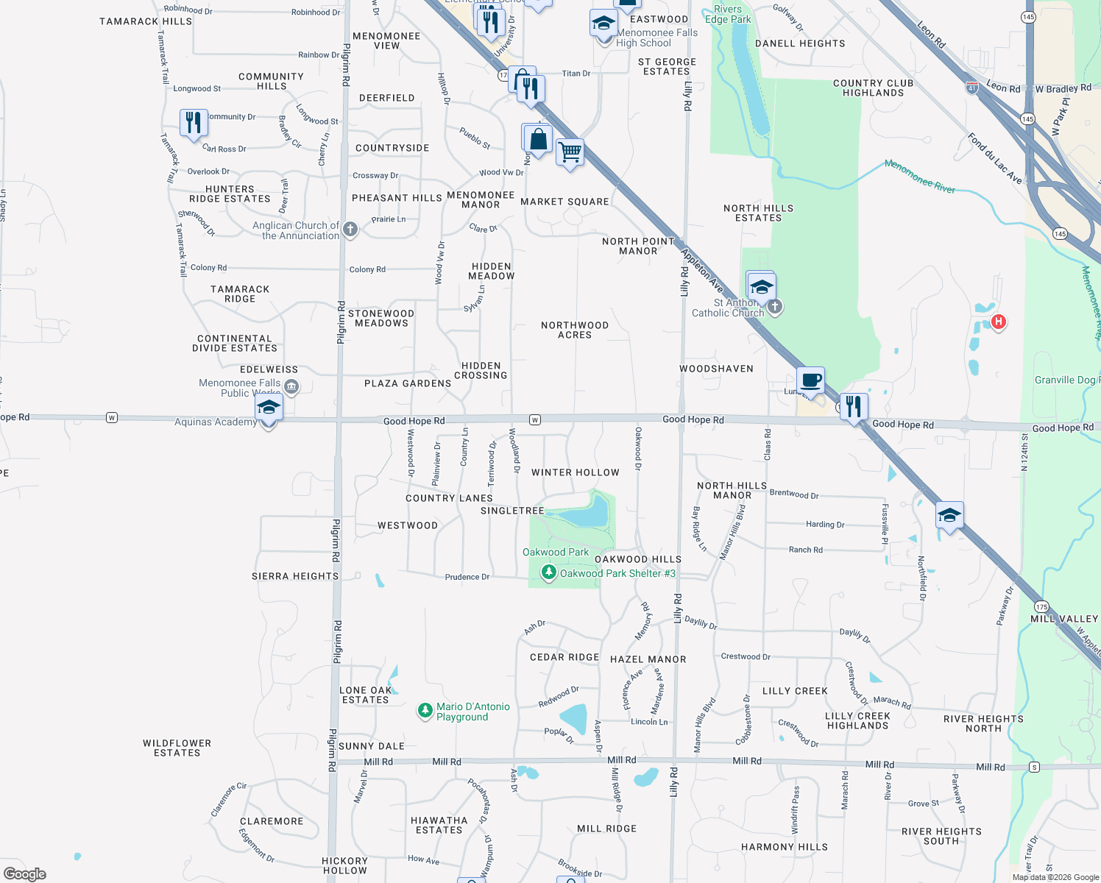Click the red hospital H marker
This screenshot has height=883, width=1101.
(998, 322)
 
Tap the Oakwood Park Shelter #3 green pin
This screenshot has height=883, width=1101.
(548, 572)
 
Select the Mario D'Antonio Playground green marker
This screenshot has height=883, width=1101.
(425, 711)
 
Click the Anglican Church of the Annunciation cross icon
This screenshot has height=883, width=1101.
(350, 230)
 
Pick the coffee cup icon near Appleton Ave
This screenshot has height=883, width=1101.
(810, 381)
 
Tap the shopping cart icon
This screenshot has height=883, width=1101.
(570, 153)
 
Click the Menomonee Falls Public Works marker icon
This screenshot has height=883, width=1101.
(291, 387)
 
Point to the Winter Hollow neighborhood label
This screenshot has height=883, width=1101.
(575, 472)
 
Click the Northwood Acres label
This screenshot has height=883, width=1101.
(575, 330)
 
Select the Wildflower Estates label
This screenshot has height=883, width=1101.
(177, 748)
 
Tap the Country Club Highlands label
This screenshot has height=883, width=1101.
(873, 88)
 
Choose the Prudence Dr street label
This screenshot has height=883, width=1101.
(467, 577)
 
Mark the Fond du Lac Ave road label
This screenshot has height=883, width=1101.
(994, 157)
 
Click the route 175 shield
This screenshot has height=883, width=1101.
(1041, 607)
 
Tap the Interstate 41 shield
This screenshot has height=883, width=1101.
(972, 88)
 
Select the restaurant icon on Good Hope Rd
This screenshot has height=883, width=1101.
(854, 406)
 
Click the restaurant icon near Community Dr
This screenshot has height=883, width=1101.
(194, 122)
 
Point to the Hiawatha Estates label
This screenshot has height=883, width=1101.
(439, 825)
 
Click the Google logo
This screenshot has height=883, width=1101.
(25, 874)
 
